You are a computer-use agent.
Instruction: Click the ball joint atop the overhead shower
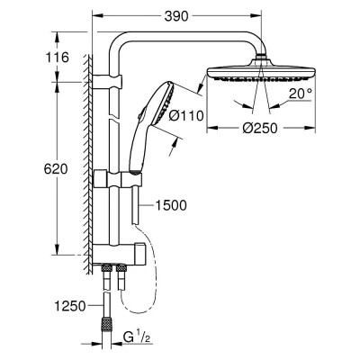point(263,58)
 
